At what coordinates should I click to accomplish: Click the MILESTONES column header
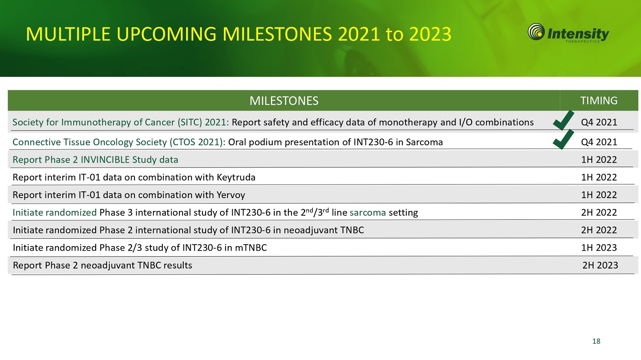284,101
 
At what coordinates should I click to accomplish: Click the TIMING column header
599,101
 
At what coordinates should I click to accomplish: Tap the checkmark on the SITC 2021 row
563,120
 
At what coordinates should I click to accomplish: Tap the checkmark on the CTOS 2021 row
563,140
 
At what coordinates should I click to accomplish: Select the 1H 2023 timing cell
599,248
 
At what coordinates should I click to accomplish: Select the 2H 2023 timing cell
600,265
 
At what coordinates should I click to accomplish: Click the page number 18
597,341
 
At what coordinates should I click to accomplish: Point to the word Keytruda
236,178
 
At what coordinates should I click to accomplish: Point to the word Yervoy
231,195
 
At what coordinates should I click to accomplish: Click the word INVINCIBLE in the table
105,160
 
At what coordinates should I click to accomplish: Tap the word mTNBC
251,248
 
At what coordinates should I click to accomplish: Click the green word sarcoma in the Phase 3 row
368,213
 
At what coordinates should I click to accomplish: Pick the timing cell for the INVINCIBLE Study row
599,160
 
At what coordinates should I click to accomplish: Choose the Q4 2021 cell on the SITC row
599,123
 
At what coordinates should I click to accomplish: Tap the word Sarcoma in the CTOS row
424,142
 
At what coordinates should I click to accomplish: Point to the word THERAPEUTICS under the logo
582,41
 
